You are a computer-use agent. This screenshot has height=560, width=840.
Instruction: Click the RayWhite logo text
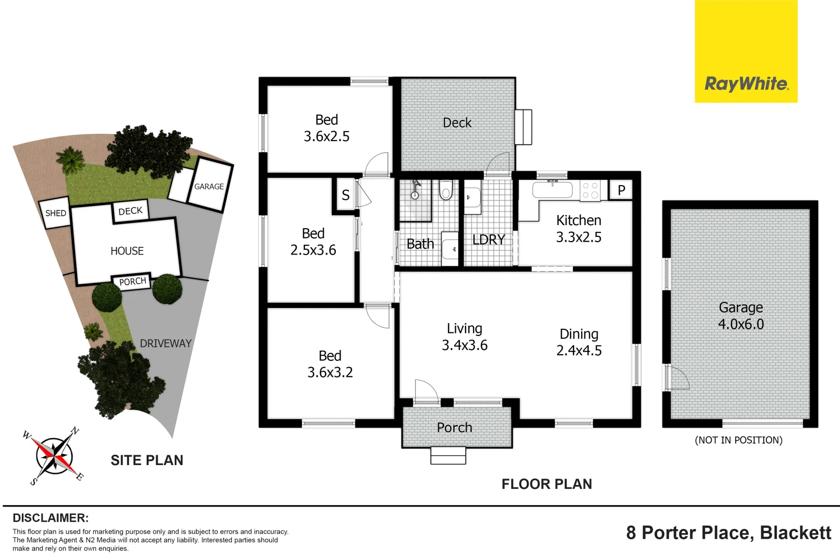746,83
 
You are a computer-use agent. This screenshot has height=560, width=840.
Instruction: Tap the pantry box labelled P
621,190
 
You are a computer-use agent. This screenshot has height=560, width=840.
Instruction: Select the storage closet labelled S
345,195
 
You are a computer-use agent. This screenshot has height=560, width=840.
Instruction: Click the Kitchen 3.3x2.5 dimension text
579,237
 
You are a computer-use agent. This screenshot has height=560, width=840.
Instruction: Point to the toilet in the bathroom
446,190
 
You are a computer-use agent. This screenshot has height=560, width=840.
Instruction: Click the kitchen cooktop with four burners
590,190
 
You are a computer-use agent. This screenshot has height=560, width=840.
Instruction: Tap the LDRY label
488,240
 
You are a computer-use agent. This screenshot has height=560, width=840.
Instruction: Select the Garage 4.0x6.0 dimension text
740,324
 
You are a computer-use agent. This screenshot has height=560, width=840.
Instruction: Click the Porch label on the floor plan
454,427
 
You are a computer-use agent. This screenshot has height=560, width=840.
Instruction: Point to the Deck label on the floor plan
457,123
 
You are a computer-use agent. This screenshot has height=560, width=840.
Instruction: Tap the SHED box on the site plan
55,213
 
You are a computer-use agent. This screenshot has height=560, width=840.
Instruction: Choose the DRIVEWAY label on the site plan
165,343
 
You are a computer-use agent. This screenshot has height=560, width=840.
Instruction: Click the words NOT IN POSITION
738,440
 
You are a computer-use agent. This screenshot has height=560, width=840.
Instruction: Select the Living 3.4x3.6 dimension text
465,345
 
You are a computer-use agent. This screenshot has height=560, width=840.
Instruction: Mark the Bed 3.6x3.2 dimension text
330,372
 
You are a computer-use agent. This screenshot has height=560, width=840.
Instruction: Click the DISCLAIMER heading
50,518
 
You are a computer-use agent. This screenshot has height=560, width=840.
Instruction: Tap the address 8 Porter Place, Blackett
729,533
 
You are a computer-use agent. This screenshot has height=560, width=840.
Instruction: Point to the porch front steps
448,456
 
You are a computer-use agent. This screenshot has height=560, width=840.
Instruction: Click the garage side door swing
678,377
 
